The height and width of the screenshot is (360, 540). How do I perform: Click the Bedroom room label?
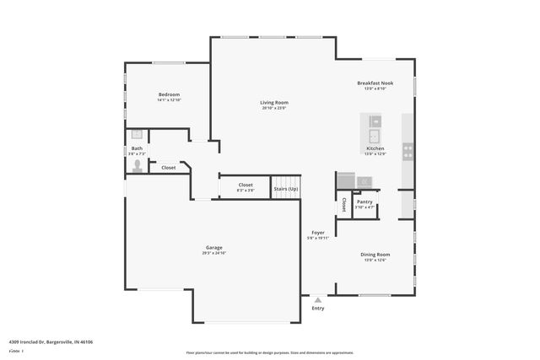tap(169, 94)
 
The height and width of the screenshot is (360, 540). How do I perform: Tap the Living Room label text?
tap(274, 103)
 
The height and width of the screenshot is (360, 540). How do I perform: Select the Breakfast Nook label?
tap(375, 83)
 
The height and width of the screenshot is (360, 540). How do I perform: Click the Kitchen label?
tap(375, 148)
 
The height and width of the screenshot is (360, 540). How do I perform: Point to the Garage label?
tap(213, 247)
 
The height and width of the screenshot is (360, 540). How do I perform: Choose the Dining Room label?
tap(375, 254)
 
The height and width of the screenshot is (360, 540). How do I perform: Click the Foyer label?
tap(318, 232)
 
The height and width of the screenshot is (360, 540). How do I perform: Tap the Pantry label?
tap(364, 201)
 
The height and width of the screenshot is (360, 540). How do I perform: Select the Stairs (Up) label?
tap(286, 189)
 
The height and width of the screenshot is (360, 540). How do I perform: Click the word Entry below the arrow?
tap(318, 309)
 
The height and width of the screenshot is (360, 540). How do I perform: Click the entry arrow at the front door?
tap(318, 298)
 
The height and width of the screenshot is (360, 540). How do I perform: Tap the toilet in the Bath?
tap(138, 166)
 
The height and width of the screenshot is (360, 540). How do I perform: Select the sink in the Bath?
tap(137, 134)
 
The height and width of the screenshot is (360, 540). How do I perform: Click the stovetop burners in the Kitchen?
tap(408, 152)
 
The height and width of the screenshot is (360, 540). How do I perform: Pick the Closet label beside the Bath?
tap(169, 168)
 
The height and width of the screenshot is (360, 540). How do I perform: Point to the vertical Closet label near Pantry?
tap(344, 204)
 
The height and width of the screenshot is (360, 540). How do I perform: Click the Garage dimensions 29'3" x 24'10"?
tap(213, 253)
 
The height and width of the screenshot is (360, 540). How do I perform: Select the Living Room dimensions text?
tap(274, 109)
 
